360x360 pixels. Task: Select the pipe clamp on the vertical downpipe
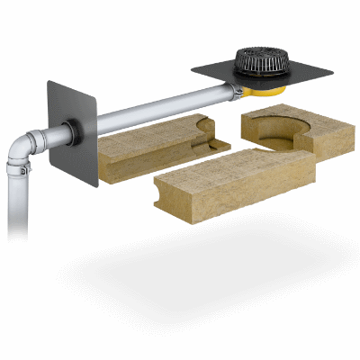point(18,168)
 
